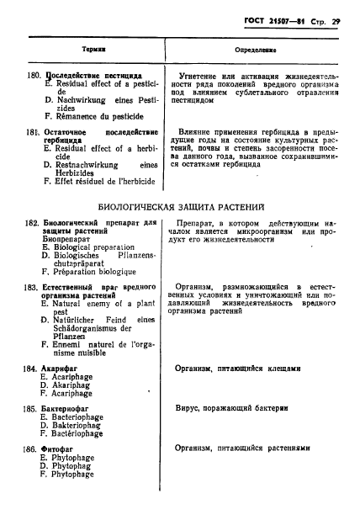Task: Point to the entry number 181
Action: [32, 132]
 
